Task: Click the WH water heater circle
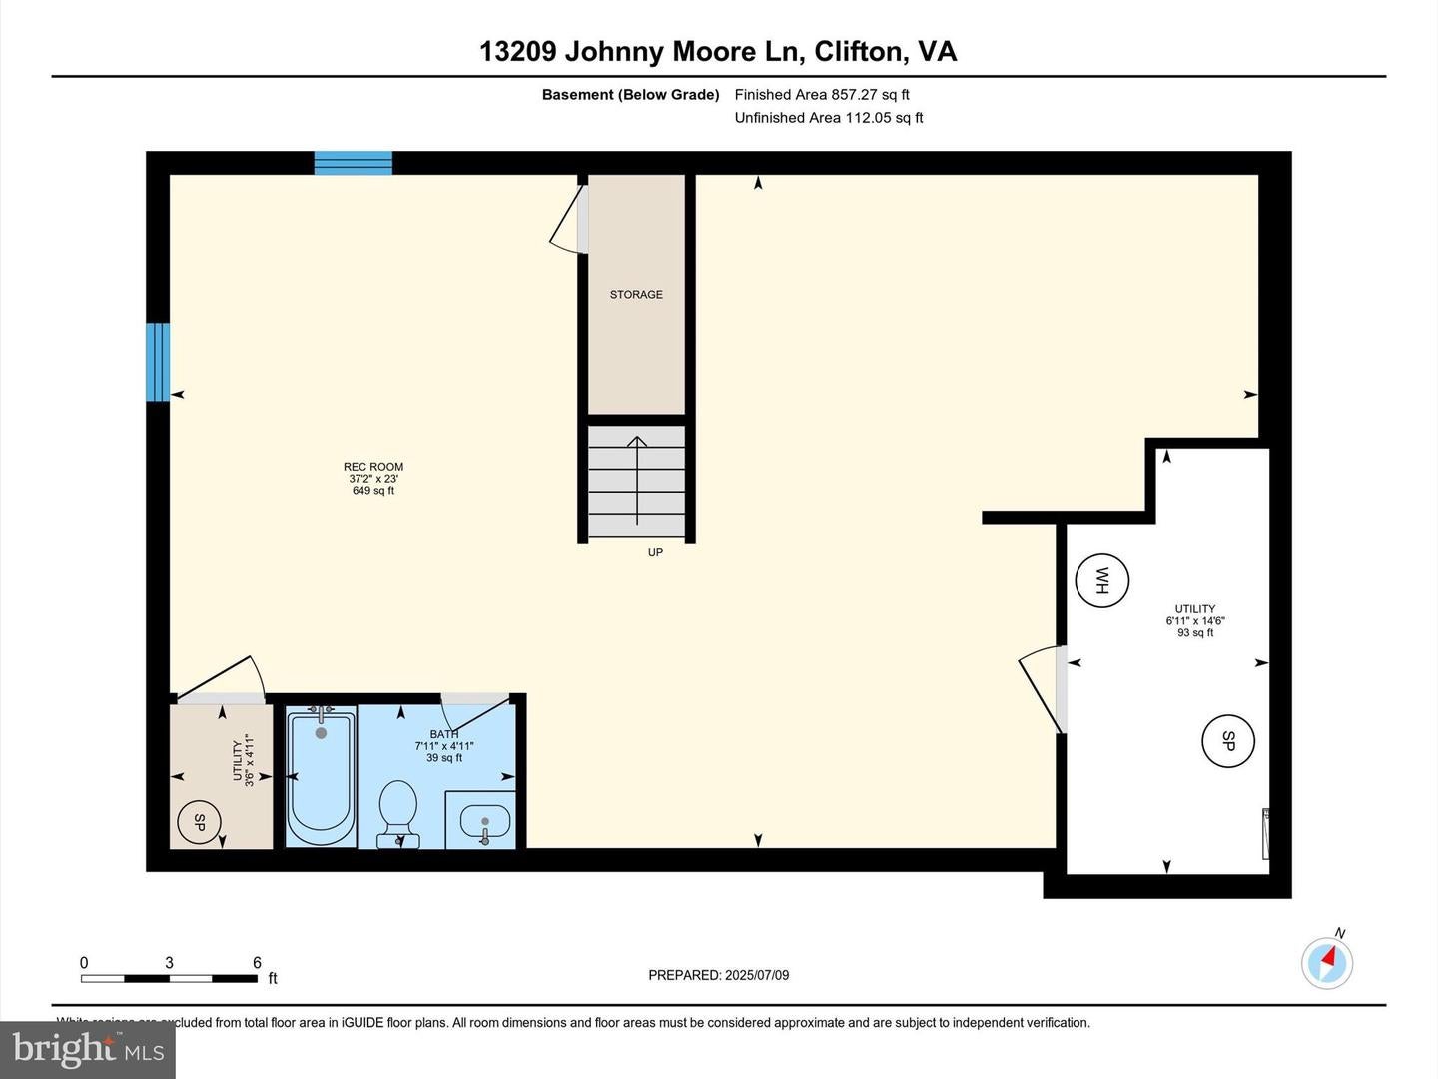[1102, 580]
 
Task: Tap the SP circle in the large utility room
[1228, 741]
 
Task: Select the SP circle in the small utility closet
[199, 822]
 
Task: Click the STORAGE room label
[636, 295]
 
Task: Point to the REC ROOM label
[373, 467]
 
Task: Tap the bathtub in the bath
[321, 775]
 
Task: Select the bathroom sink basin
[484, 822]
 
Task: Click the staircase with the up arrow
[637, 481]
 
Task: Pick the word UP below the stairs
[655, 552]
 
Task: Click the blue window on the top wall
[354, 163]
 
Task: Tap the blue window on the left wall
[158, 362]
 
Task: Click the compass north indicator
[1327, 962]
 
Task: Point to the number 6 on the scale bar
[257, 963]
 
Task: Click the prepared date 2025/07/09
[756, 975]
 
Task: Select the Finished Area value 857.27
[854, 95]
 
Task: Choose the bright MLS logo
[88, 1049]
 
